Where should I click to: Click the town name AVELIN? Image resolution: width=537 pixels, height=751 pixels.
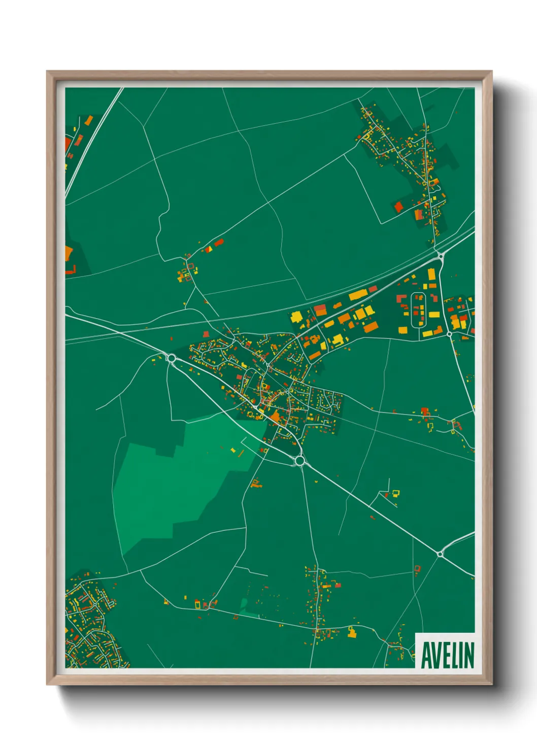pyautogui.click(x=447, y=655)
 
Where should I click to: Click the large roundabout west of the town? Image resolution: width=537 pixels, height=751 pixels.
pyautogui.click(x=171, y=358)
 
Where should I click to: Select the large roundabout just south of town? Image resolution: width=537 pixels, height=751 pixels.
pyautogui.click(x=299, y=461)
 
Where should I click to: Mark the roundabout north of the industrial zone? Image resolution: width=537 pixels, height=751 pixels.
pyautogui.click(x=440, y=257)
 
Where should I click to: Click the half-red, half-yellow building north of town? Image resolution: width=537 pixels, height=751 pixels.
pyautogui.click(x=208, y=249)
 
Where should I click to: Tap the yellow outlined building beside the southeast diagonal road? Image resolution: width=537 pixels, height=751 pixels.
pyautogui.click(x=395, y=492)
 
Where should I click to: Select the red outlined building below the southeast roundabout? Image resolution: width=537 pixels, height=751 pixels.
pyautogui.click(x=417, y=568)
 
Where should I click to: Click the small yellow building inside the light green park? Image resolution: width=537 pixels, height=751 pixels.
pyautogui.click(x=233, y=450)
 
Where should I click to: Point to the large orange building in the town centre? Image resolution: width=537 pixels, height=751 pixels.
pyautogui.click(x=275, y=418)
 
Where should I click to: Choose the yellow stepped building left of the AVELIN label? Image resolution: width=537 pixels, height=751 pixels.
pyautogui.click(x=351, y=632)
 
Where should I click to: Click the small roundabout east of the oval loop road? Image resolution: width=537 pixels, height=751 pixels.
pyautogui.click(x=449, y=334)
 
